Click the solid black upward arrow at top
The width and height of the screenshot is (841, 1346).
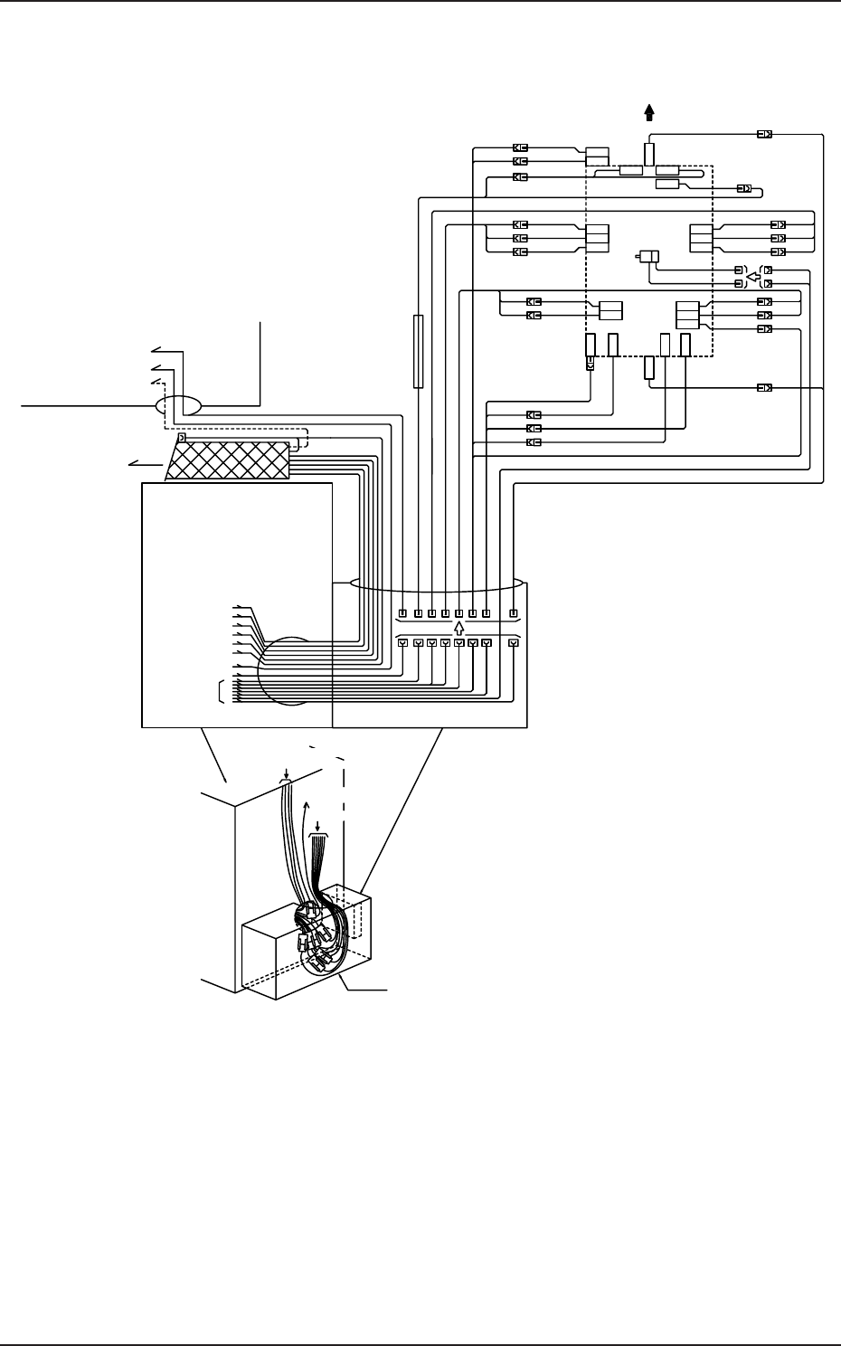click(648, 112)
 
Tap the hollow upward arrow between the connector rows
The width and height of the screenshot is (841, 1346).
click(458, 629)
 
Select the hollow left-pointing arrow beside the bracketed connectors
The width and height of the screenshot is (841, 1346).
click(752, 276)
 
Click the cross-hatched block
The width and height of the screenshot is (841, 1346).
click(229, 460)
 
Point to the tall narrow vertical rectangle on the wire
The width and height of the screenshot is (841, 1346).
click(418, 351)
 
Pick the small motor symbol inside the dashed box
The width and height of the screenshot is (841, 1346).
click(647, 256)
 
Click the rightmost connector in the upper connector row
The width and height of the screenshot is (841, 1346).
click(514, 614)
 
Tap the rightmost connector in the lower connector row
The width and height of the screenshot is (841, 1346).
click(514, 643)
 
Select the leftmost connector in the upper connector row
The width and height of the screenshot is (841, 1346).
click(403, 614)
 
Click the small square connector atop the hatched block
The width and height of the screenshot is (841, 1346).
click(182, 438)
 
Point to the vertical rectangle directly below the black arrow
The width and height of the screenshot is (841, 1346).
click(648, 153)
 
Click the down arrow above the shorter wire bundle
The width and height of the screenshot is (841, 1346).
click(317, 827)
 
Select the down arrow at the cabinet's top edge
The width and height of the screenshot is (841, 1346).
click(286, 773)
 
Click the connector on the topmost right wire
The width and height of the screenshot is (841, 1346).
click(764, 135)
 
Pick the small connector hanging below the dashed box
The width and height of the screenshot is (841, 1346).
click(591, 364)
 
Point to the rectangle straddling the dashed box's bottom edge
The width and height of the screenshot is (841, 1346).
click(648, 367)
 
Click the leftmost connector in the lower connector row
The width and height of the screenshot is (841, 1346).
click(403, 643)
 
